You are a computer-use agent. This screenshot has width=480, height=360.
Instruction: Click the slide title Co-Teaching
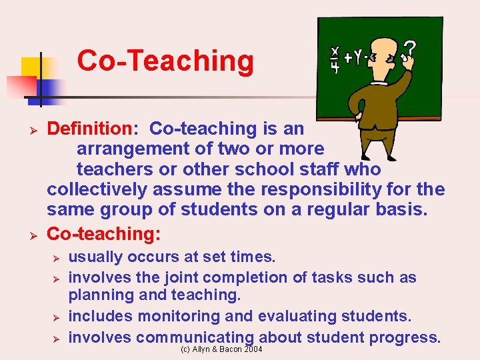tap(165, 61)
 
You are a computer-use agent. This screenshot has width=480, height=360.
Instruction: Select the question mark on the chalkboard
tap(411, 49)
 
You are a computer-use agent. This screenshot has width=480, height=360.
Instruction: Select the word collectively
tap(97, 189)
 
